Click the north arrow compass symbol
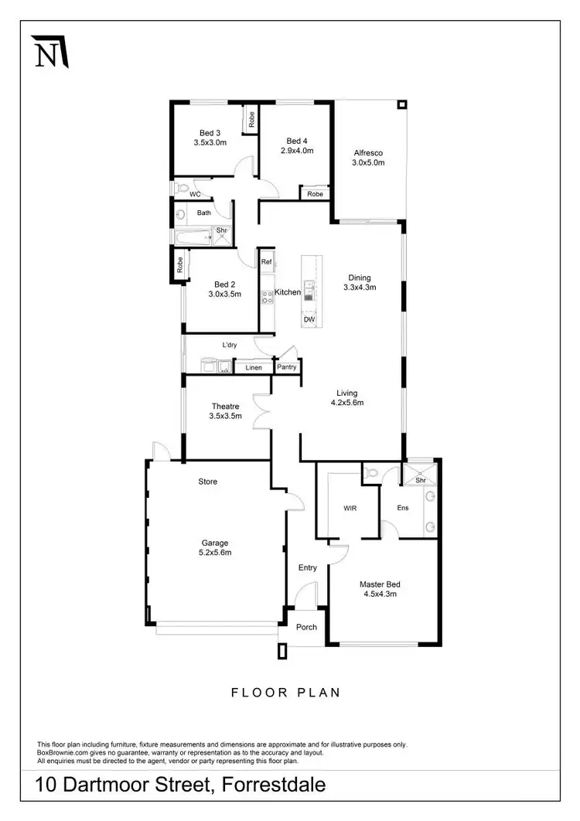click(x=49, y=52)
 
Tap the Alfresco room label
click(x=368, y=152)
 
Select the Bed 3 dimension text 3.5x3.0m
click(x=210, y=143)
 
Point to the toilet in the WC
click(x=182, y=188)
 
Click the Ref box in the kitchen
click(x=266, y=262)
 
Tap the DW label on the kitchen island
click(x=309, y=319)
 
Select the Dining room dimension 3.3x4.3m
click(x=359, y=288)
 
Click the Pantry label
click(x=287, y=367)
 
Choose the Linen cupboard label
click(x=254, y=367)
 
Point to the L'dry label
click(x=229, y=345)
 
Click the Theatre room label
click(x=225, y=406)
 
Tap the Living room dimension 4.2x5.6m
click(x=347, y=403)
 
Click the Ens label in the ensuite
click(x=403, y=508)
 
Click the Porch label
click(x=307, y=626)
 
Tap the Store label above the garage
click(x=208, y=482)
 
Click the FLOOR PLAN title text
click(x=285, y=693)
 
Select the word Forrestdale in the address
click(x=273, y=786)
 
